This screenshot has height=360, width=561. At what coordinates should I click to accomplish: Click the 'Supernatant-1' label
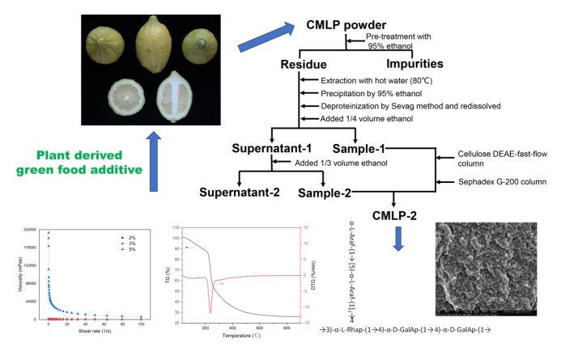(276, 150)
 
